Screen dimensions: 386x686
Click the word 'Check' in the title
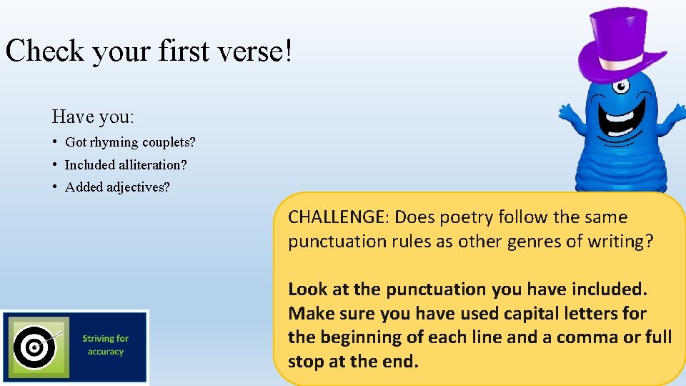pos(46,51)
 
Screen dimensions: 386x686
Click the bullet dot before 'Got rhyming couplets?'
pos(55,142)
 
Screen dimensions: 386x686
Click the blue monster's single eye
pos(621,87)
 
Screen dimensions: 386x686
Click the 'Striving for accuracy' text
pos(106,345)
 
